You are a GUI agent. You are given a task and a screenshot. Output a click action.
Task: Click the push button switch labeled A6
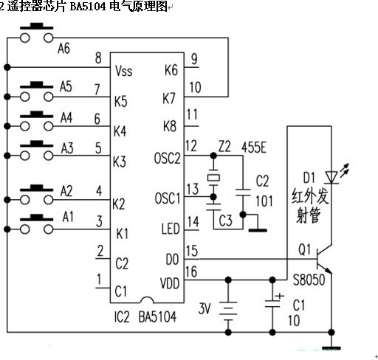(36, 33)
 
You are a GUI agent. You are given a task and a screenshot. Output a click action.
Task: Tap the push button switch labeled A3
(36, 150)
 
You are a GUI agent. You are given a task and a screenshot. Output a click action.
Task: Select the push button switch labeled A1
(36, 224)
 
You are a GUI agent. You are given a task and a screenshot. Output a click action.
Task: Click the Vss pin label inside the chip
(124, 71)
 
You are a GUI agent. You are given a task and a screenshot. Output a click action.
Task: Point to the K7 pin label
(169, 98)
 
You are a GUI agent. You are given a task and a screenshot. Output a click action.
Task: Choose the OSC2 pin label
(168, 158)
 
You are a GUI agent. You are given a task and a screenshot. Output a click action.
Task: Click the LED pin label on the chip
(171, 229)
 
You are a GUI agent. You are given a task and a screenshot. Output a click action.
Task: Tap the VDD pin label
(170, 283)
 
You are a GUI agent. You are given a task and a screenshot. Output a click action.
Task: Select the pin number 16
(191, 271)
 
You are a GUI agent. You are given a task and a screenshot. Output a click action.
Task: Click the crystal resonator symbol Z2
(213, 178)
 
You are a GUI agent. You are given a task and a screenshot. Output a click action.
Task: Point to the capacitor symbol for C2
(243, 193)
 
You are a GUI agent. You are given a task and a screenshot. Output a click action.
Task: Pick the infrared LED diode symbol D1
(331, 178)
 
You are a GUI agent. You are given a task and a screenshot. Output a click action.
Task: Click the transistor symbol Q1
(324, 259)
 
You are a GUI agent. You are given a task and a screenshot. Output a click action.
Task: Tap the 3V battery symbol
(228, 311)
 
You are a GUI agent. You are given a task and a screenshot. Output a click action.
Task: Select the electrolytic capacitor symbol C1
(272, 303)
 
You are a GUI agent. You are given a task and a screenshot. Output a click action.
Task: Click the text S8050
(309, 280)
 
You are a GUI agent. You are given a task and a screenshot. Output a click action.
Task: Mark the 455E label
(254, 148)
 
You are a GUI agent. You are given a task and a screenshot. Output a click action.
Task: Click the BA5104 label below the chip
(157, 316)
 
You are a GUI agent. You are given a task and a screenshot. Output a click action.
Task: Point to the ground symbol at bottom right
(331, 347)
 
